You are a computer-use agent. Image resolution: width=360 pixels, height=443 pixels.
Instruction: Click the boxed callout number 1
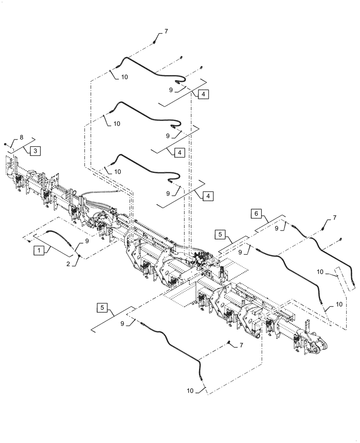39,251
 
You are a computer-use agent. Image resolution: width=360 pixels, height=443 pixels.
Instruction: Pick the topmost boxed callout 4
202,95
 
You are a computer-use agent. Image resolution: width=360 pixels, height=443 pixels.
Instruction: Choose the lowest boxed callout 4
207,195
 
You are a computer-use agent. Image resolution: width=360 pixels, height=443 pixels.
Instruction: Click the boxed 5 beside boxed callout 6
221,233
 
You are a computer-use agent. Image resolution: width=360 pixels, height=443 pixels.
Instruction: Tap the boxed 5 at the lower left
102,307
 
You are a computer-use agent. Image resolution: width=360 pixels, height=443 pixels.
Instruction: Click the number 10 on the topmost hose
124,77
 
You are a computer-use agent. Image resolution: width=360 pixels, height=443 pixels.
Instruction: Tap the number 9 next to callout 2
87,241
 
